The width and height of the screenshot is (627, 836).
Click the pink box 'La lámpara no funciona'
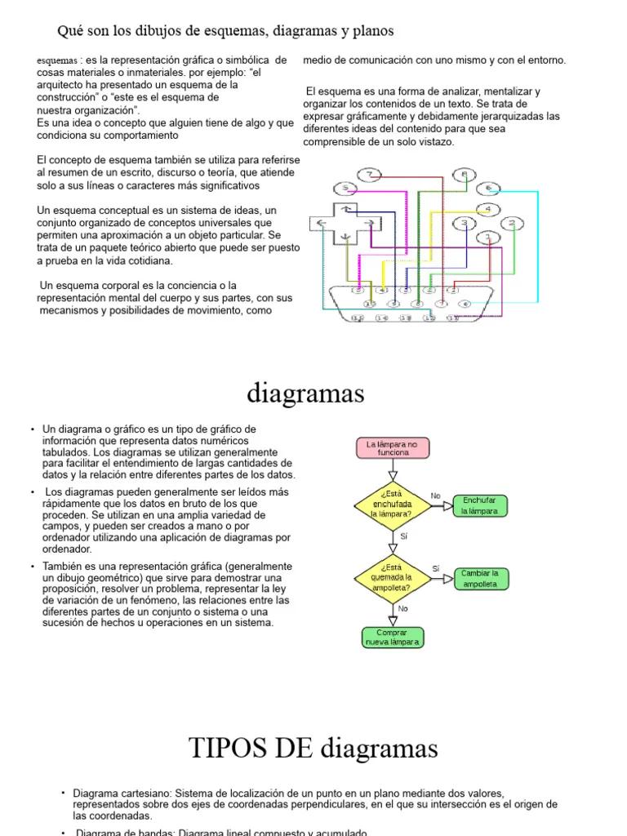[x=393, y=448]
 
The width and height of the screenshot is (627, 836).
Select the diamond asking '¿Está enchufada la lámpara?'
[x=393, y=505]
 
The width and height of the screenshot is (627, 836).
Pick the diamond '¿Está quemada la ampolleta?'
[x=393, y=577]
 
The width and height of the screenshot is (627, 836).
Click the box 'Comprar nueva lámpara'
[x=393, y=637]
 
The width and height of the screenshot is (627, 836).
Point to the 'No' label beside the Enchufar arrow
[x=435, y=496]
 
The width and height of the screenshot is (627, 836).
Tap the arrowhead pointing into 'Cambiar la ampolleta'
[x=448, y=578]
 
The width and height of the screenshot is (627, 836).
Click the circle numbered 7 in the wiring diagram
[x=370, y=175]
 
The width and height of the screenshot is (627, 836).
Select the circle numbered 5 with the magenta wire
[x=347, y=189]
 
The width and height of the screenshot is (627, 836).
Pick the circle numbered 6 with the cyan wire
[x=487, y=189]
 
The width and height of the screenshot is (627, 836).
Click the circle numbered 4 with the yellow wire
[x=487, y=210]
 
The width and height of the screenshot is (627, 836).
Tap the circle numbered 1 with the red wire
[x=488, y=238]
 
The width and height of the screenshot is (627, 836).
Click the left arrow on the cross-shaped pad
[x=321, y=222]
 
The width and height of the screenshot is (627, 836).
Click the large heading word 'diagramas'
[x=305, y=394]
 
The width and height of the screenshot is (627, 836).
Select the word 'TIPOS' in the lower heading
[x=221, y=747]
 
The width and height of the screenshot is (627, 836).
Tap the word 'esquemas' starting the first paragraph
[x=57, y=61]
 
